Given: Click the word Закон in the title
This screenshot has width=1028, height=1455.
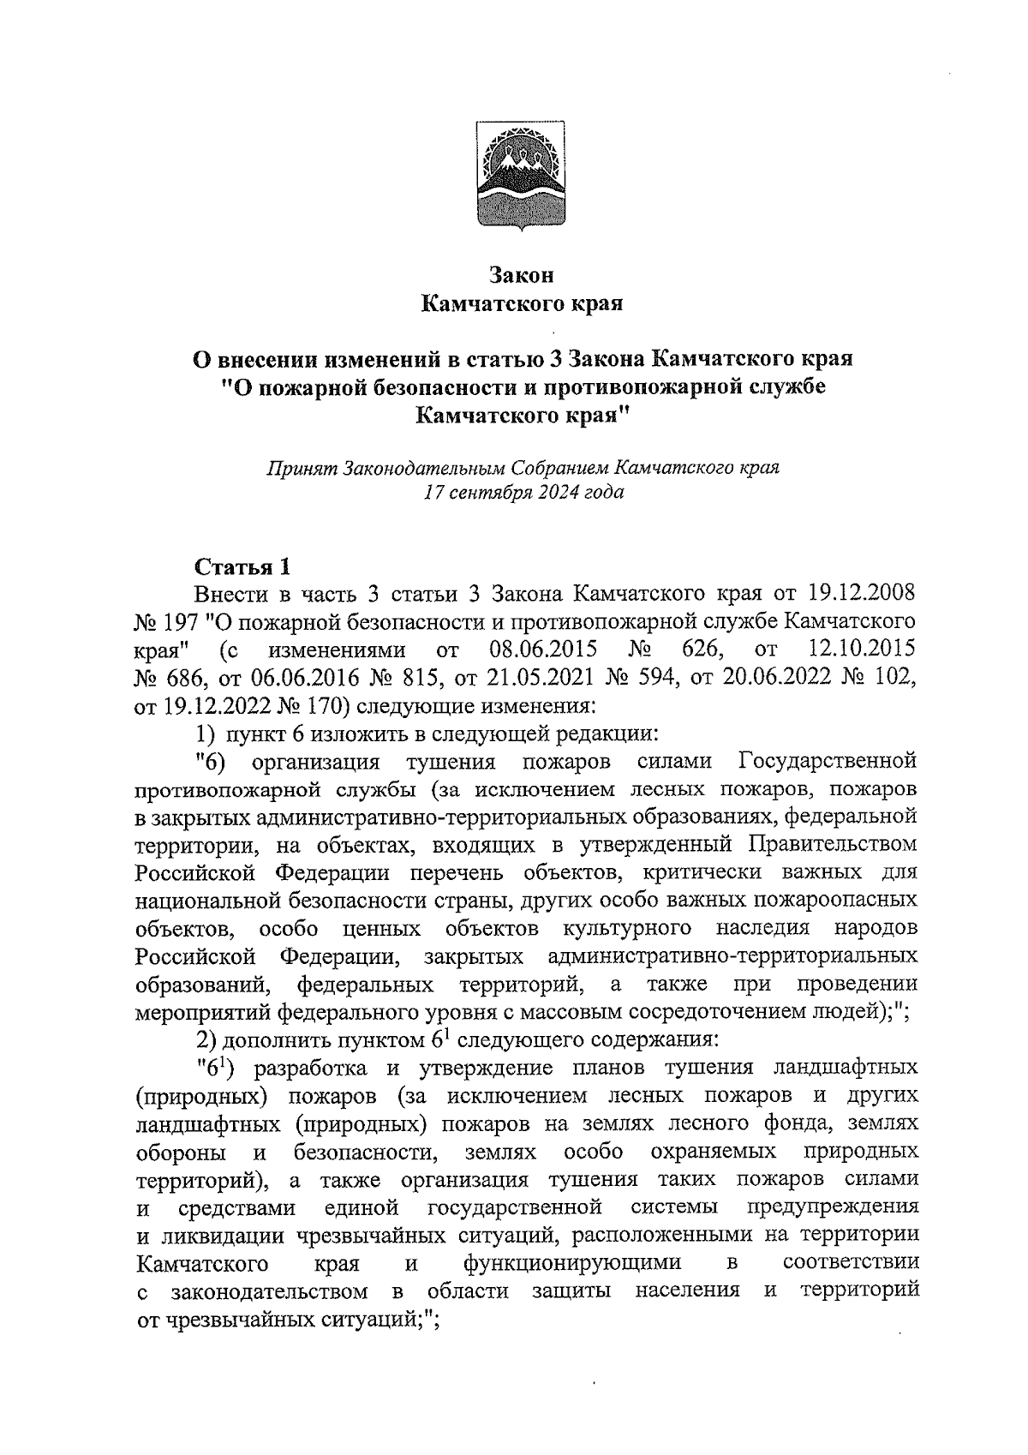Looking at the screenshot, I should (522, 275).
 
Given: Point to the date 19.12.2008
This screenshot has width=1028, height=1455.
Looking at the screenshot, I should (862, 594).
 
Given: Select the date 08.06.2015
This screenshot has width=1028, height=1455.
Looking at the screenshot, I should (543, 649).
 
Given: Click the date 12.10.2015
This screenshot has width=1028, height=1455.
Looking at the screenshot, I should (862, 649).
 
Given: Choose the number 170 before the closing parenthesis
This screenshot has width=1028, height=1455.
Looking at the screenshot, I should (326, 704).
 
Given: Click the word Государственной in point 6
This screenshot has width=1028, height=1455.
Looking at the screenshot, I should (827, 760).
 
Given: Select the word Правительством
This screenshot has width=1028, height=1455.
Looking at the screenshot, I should (834, 844).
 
